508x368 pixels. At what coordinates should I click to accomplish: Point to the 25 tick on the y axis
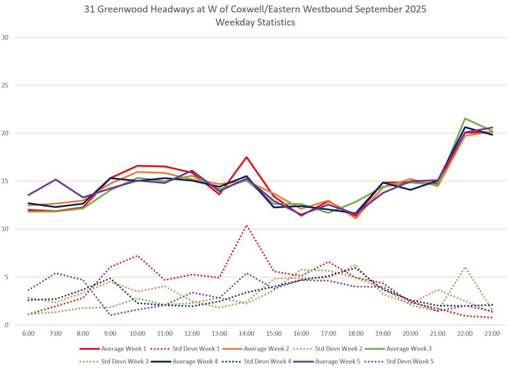pyautogui.click(x=5, y=85)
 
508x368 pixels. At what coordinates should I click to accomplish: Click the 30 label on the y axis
pyautogui.click(x=5, y=37)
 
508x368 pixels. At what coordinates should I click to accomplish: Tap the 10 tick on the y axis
pyautogui.click(x=5, y=229)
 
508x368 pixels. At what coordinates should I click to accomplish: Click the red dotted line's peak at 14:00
pyautogui.click(x=247, y=225)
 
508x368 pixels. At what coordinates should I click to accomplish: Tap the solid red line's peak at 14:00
pyautogui.click(x=247, y=158)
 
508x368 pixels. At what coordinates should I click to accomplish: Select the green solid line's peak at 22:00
pyautogui.click(x=465, y=118)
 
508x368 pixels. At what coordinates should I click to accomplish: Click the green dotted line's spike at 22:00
pyautogui.click(x=465, y=267)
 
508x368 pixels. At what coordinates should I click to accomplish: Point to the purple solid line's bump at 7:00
pyautogui.click(x=56, y=179)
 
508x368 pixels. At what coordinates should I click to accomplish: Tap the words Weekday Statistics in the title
pyautogui.click(x=254, y=22)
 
